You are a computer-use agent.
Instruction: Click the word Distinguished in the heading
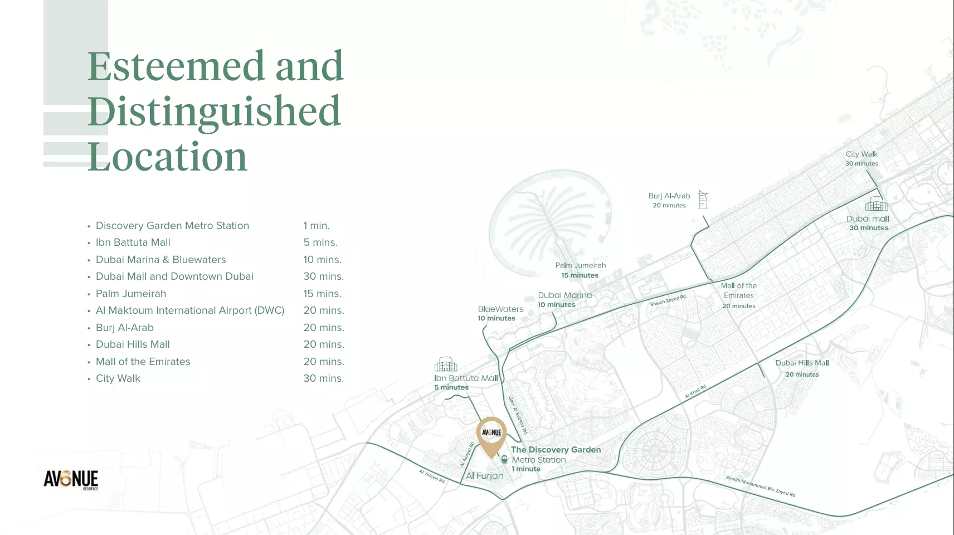(214, 111)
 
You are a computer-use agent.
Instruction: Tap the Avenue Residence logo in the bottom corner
(71, 479)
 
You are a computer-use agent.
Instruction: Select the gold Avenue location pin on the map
(491, 435)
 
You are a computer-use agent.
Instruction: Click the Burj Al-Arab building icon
(703, 199)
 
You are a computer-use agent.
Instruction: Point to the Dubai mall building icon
(877, 204)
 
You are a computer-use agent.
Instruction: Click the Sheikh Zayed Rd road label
(668, 300)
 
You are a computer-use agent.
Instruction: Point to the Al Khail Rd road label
(695, 391)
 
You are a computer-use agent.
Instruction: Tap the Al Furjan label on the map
(484, 476)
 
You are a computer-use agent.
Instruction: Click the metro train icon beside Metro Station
(504, 460)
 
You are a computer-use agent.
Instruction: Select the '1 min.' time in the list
(317, 226)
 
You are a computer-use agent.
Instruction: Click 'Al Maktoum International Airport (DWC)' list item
(190, 310)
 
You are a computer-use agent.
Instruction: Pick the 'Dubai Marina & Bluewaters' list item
(160, 260)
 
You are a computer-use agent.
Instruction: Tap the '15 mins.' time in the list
(322, 294)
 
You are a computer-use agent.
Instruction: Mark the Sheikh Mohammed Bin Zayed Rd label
(760, 486)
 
